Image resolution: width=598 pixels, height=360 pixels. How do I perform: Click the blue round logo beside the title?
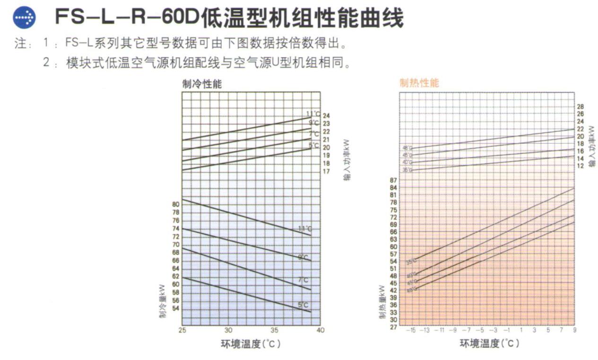tap(24, 18)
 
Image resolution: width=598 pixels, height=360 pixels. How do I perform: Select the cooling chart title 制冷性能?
tap(202, 84)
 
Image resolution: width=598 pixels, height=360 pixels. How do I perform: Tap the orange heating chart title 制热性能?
tap(419, 83)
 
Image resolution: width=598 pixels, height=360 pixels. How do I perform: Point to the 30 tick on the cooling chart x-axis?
tap(228, 330)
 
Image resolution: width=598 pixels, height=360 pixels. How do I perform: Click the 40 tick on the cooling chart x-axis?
tap(321, 330)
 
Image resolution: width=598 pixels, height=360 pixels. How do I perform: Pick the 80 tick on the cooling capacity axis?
tap(175, 204)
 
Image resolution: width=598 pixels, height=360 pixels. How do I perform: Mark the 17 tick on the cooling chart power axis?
tap(326, 171)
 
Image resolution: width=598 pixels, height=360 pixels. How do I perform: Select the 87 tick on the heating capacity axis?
tap(393, 180)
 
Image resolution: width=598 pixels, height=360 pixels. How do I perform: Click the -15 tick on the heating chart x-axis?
tap(411, 330)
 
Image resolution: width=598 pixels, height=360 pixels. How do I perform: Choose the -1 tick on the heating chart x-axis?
tap(507, 330)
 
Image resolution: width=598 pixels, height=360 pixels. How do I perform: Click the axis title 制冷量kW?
tap(162, 300)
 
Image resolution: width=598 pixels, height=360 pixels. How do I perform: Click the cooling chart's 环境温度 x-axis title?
tap(251, 344)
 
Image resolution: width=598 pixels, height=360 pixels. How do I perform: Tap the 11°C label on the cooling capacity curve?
tap(305, 229)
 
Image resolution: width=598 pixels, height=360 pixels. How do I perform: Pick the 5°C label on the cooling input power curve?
tap(314, 146)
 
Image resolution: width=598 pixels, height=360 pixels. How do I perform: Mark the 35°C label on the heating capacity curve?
tap(411, 261)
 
